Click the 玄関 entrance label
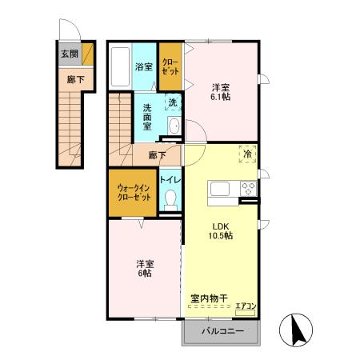[69, 54]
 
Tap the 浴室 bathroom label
[143, 67]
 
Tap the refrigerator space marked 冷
[247, 154]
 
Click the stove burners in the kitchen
[248, 190]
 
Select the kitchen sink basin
[218, 190]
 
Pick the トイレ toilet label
[169, 181]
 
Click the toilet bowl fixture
[169, 203]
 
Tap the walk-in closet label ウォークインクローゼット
[134, 191]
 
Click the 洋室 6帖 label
[144, 267]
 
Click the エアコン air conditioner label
[246, 304]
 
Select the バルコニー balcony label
[222, 330]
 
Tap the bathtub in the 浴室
[120, 66]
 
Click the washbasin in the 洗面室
[174, 126]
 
